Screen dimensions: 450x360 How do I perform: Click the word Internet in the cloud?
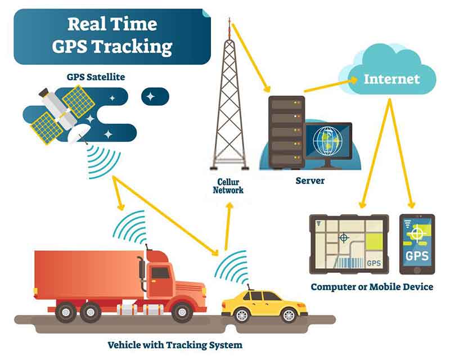click(x=391, y=79)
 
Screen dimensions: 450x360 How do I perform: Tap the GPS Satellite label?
click(x=96, y=77)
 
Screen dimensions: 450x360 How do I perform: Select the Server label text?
click(x=310, y=181)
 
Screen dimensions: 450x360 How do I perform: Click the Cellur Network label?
click(x=228, y=186)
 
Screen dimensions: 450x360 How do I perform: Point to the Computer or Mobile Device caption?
click(x=372, y=287)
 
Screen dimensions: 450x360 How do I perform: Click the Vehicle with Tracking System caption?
click(x=175, y=345)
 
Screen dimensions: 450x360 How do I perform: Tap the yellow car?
click(x=264, y=307)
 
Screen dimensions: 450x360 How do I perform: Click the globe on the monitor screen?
click(x=327, y=141)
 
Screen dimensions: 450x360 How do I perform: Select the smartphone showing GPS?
click(x=417, y=244)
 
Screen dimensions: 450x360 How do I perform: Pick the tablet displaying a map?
click(x=349, y=244)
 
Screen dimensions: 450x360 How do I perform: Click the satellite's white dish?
click(x=78, y=133)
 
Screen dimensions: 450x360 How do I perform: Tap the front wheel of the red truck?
click(x=182, y=312)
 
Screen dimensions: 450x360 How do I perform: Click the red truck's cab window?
click(x=160, y=273)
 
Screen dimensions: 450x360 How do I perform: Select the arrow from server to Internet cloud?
click(x=331, y=85)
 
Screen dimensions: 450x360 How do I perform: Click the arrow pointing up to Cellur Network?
click(x=228, y=227)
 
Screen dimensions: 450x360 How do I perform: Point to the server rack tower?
click(x=286, y=132)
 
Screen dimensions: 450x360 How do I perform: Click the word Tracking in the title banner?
click(x=132, y=47)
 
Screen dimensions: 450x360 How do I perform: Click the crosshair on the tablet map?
click(x=344, y=238)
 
